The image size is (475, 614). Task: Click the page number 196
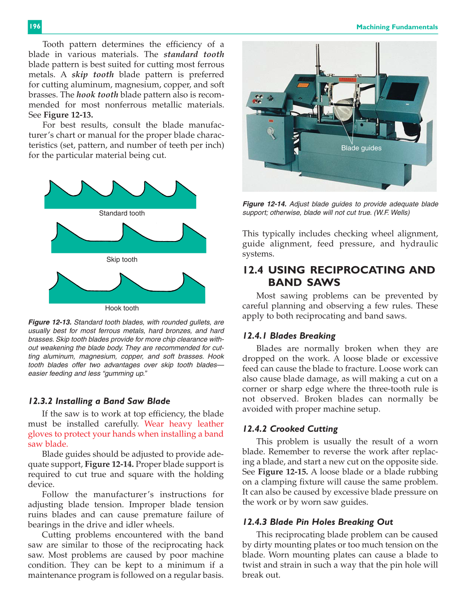(35, 26)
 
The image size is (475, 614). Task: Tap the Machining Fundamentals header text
(397, 27)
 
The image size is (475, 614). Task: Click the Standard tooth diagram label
(122, 213)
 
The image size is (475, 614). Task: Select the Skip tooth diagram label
(122, 260)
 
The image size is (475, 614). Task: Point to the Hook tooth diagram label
(122, 308)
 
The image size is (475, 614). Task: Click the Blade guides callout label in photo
(361, 148)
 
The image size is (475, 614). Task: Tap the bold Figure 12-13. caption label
(50, 322)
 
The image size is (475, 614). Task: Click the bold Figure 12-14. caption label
(264, 204)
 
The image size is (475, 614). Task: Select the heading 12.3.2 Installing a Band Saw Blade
(99, 401)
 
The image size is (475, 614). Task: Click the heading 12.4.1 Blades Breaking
(289, 336)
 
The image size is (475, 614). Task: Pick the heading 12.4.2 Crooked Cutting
(290, 429)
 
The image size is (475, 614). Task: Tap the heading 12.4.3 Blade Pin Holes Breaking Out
(318, 522)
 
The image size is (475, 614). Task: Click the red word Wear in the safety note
(154, 424)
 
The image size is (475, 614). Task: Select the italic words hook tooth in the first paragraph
(97, 94)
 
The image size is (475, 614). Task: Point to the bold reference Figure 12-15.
(283, 472)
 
